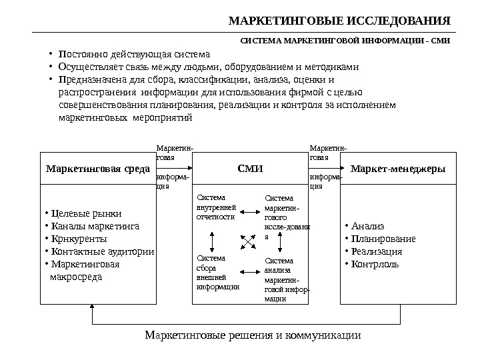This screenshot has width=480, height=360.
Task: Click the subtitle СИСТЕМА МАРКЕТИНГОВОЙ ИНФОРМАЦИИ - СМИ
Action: (345, 41)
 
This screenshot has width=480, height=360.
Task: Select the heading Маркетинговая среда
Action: (97, 169)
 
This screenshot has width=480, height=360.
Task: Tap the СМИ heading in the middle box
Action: (251, 169)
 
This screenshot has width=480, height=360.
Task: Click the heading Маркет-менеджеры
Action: (397, 169)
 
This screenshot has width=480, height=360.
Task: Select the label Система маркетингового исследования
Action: (287, 217)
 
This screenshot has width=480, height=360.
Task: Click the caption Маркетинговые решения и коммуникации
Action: (253, 335)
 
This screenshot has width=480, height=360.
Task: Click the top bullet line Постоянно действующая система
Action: (134, 54)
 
